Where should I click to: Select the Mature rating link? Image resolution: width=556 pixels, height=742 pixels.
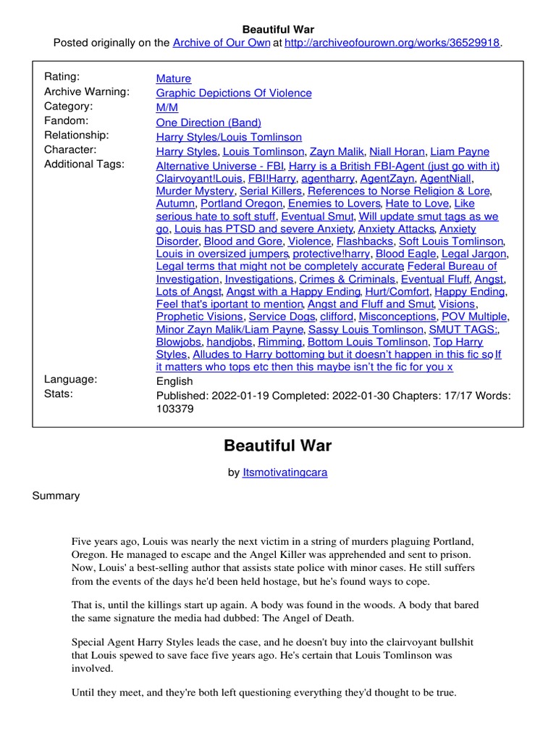pyautogui.click(x=174, y=78)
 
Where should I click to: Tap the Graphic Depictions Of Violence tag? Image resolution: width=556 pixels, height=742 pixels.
pyautogui.click(x=234, y=93)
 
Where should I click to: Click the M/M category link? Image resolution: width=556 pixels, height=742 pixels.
pyautogui.click(x=167, y=107)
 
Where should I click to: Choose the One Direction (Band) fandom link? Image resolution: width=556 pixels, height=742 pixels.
pyautogui.click(x=208, y=122)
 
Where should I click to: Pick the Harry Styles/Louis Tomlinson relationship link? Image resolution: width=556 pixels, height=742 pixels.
pyautogui.click(x=229, y=137)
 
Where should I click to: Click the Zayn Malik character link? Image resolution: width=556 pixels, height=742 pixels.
pyautogui.click(x=337, y=151)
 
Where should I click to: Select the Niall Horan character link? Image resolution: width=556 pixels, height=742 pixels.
pyautogui.click(x=397, y=151)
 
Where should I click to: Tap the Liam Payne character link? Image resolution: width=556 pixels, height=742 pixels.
pyautogui.click(x=460, y=151)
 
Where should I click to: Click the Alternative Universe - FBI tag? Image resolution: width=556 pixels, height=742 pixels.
pyautogui.click(x=219, y=166)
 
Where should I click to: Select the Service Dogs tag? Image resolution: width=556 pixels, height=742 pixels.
pyautogui.click(x=282, y=317)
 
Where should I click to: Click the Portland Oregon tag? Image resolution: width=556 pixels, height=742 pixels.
pyautogui.click(x=241, y=204)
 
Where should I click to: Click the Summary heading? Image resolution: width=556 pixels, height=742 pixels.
pyautogui.click(x=56, y=496)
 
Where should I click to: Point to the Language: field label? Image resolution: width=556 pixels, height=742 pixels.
pyautogui.click(x=70, y=380)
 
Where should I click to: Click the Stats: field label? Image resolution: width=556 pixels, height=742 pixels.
pyautogui.click(x=59, y=394)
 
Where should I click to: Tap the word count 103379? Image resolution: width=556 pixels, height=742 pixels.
pyautogui.click(x=175, y=409)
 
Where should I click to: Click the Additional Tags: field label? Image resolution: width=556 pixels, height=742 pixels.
pyautogui.click(x=84, y=164)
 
